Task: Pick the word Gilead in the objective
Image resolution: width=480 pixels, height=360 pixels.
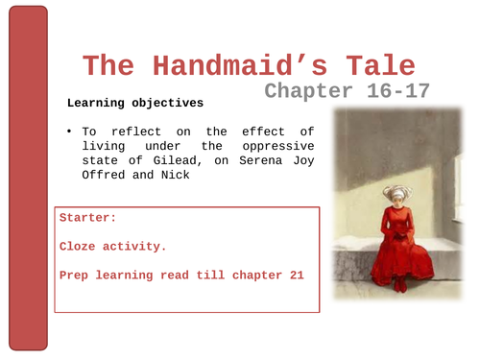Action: point(174,160)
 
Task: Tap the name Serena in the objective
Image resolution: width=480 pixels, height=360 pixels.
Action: point(253,160)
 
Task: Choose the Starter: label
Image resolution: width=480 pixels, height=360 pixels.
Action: point(88,218)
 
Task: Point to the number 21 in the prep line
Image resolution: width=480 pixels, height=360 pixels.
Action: point(295,276)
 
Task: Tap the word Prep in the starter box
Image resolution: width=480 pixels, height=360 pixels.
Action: point(76,276)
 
